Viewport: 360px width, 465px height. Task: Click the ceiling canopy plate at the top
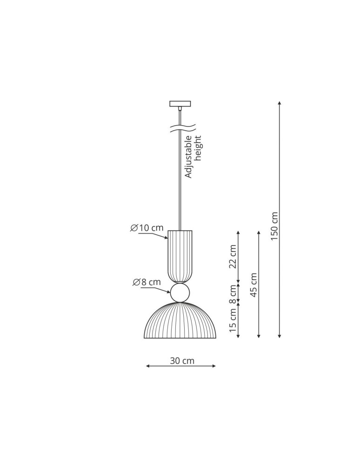[180, 103]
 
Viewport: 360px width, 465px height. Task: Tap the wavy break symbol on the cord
[182, 128]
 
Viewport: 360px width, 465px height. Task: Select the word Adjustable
[188, 157]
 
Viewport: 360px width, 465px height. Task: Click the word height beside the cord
[199, 148]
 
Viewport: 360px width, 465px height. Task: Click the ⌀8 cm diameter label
[147, 282]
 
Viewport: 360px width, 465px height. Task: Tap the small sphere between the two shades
[180, 293]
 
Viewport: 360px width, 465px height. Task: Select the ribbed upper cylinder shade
[180, 256]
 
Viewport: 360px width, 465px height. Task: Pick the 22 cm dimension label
[233, 256]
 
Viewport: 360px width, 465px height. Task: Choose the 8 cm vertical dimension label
[233, 293]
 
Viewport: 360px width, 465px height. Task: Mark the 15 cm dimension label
[233, 320]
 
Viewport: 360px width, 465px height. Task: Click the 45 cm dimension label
[253, 285]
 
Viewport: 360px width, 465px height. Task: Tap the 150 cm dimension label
[274, 226]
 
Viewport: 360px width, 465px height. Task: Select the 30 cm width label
[182, 360]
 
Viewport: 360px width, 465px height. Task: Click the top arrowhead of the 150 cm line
[279, 102]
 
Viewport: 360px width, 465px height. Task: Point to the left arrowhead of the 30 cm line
[147, 366]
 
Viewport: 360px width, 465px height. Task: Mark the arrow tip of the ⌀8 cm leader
[170, 292]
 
